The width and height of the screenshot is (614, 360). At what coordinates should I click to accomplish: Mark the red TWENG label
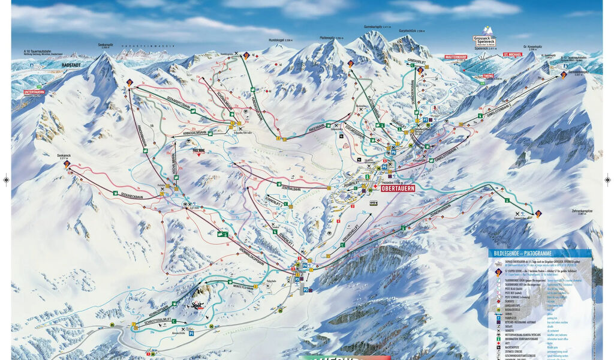pyautogui.click(x=487, y=76)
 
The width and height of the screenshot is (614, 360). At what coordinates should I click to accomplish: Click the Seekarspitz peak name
pyautogui.click(x=106, y=45)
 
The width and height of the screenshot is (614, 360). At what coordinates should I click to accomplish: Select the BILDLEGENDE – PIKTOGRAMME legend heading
pyautogui.click(x=522, y=253)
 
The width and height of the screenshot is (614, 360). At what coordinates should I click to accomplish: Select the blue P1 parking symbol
pyautogui.click(x=191, y=332)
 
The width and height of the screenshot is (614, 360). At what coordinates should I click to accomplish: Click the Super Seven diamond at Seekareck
pyautogui.click(x=67, y=163)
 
